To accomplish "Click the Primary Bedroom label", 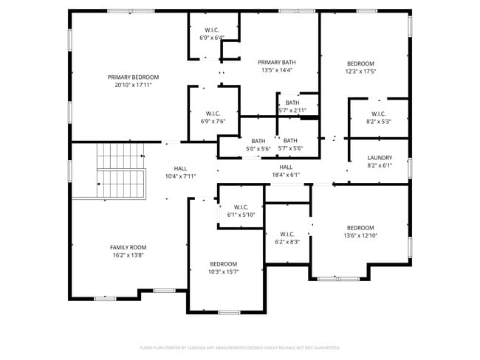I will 133,77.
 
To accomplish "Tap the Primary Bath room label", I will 277,62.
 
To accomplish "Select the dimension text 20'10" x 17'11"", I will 133,86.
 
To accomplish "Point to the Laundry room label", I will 380,158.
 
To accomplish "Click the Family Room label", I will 128,247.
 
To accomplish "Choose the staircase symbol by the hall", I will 120,171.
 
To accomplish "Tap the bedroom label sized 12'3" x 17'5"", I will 360,63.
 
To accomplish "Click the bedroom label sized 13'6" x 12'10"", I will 360,228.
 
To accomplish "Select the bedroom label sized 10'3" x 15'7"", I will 223,264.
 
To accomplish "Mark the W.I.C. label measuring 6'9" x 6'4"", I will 212,30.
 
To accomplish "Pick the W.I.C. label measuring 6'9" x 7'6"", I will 213,113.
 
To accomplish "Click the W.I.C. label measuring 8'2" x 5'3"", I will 379,114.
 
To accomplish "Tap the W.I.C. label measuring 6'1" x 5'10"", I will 241,207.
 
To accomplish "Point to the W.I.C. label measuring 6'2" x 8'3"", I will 287,234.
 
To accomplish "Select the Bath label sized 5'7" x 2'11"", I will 292,103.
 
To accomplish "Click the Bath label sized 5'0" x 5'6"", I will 258,141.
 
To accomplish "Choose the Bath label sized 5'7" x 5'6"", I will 290,140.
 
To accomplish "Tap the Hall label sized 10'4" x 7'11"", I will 180,168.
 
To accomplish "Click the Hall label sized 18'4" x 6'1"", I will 287,167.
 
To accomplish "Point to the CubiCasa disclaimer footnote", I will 240,347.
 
